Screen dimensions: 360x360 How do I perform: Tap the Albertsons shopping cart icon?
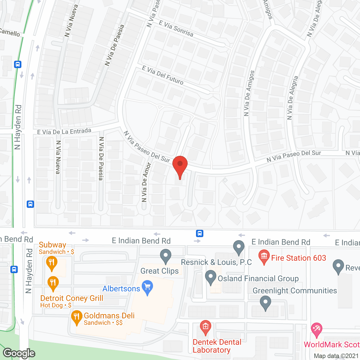click(147, 287)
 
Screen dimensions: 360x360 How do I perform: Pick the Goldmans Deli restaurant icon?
click(76, 317)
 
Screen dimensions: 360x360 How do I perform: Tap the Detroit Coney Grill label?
click(72, 298)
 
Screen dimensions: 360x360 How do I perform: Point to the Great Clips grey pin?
click(166, 256)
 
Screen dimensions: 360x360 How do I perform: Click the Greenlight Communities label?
click(295, 291)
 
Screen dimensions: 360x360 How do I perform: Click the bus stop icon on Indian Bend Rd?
click(200, 233)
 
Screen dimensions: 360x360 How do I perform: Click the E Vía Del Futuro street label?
click(163, 75)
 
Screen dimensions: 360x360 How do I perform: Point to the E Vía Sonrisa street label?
click(176, 28)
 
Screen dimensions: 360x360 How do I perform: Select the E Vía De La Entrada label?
click(64, 131)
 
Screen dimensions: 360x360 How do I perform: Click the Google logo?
click(19, 353)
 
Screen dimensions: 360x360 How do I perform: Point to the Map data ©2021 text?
click(336, 356)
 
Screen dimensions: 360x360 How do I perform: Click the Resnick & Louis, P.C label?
click(216, 262)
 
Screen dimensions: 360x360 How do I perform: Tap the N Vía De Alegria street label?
click(292, 98)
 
